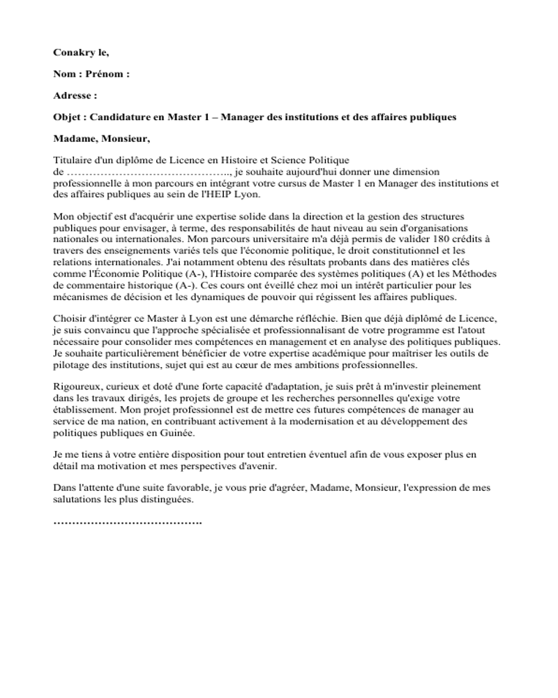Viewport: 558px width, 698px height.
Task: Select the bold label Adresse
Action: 73,96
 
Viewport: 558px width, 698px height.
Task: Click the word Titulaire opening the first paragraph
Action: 74,161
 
